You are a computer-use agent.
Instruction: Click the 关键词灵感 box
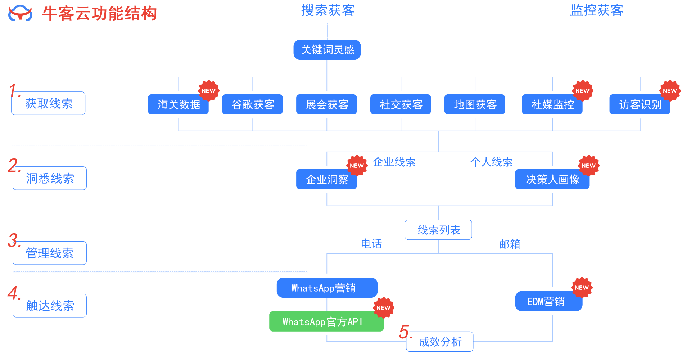tap(327, 50)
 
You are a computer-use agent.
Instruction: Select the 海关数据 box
tap(178, 104)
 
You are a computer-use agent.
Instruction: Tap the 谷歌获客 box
tap(252, 104)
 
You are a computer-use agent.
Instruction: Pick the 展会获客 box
tap(326, 104)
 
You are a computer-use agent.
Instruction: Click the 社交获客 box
tap(401, 104)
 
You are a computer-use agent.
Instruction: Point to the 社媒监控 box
tap(552, 104)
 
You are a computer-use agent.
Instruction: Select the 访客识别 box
tap(640, 104)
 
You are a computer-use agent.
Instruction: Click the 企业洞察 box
tap(326, 179)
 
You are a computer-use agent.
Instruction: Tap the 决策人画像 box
tap(552, 179)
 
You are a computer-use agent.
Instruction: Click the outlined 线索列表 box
tap(438, 230)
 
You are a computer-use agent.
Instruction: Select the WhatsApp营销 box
tap(327, 288)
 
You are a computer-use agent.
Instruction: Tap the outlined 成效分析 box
tap(440, 342)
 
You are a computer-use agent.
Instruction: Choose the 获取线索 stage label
tap(49, 104)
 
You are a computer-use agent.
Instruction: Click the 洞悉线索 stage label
tap(50, 178)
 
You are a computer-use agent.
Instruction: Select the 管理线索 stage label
tap(50, 253)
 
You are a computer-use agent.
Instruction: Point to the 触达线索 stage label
tap(50, 306)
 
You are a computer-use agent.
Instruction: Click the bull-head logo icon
tap(21, 13)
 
